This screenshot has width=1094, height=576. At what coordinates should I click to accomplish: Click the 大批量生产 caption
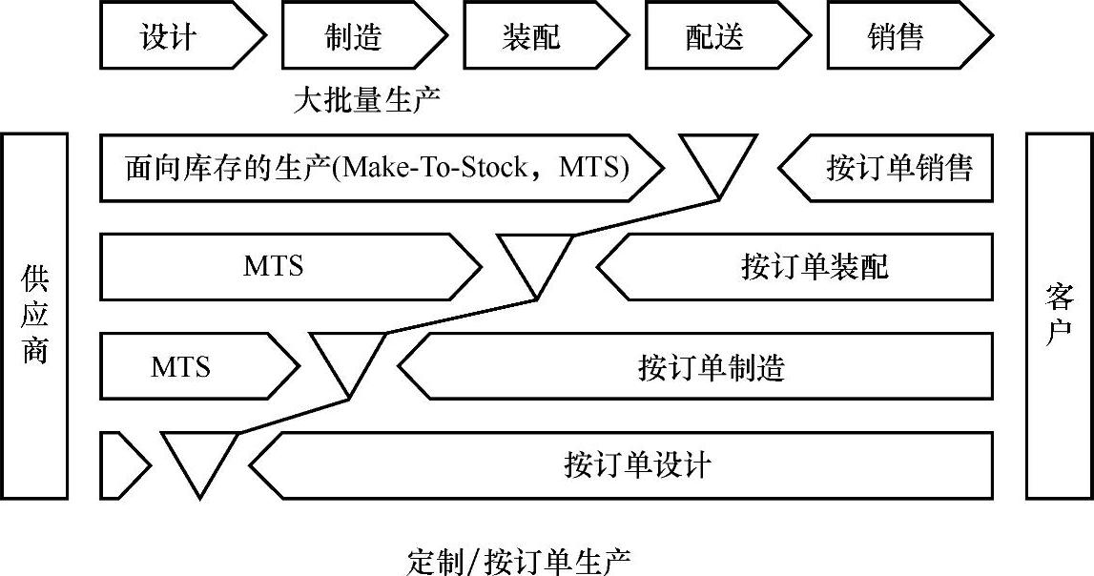pyautogui.click(x=367, y=100)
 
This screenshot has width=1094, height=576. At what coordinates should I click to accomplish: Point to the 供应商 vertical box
pyautogui.click(x=35, y=316)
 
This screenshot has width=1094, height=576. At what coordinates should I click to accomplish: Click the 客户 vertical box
pyautogui.click(x=1059, y=316)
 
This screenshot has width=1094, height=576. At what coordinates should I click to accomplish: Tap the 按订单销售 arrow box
pyautogui.click(x=892, y=168)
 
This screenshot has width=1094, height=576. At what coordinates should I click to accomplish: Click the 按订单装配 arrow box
pyautogui.click(x=801, y=266)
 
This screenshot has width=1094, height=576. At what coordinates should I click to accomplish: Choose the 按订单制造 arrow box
pyautogui.click(x=701, y=366)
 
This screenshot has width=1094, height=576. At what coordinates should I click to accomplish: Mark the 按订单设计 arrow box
pyautogui.click(x=630, y=465)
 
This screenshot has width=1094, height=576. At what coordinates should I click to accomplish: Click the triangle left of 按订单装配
pyautogui.click(x=537, y=259)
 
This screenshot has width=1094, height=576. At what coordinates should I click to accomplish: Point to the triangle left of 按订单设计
pyautogui.click(x=199, y=459)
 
